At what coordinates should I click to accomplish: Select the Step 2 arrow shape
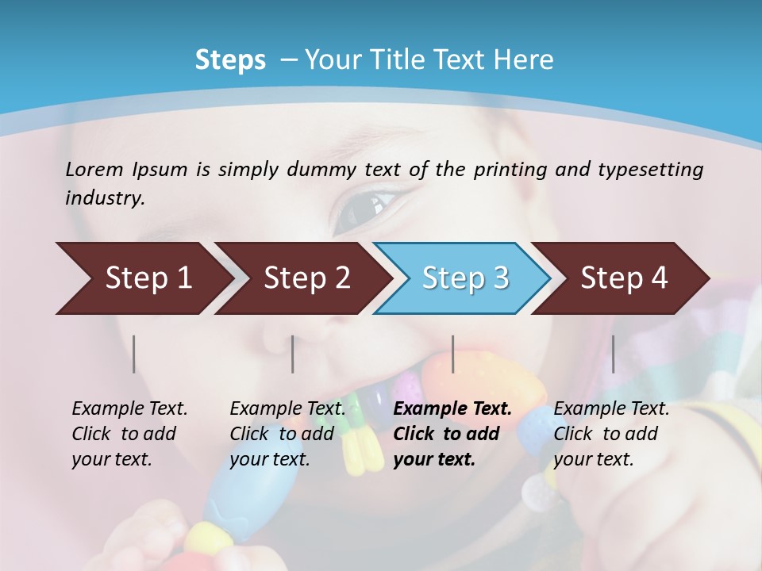(302, 278)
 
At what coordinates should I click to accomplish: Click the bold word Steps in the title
(230, 60)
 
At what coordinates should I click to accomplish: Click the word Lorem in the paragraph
(94, 169)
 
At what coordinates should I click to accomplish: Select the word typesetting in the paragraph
(656, 170)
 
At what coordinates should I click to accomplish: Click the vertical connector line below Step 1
(134, 354)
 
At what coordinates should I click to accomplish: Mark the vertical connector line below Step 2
(293, 354)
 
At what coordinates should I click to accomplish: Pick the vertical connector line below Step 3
(453, 354)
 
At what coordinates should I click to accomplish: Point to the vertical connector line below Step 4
(613, 354)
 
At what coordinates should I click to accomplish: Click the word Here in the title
(527, 60)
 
